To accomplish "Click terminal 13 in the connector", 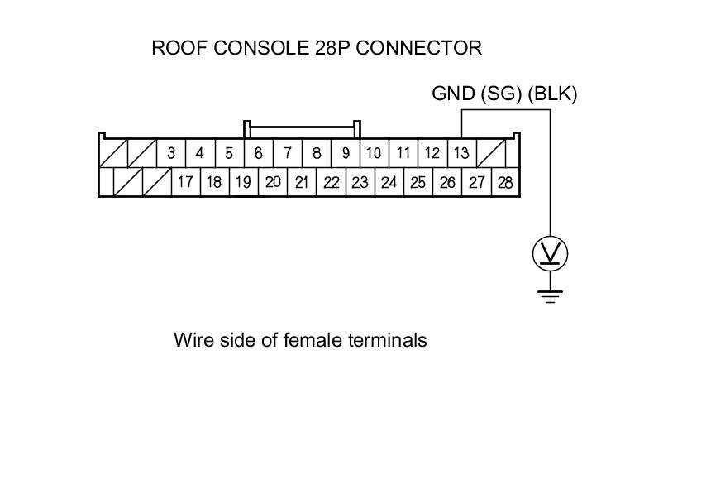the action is (461, 153).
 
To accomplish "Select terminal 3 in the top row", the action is (171, 153).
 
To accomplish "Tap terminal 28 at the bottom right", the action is (505, 182).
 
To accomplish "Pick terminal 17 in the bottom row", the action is (185, 182).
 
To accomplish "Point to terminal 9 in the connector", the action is (346, 153).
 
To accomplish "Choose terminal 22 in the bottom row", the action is (331, 182).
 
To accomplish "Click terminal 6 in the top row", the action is (259, 153).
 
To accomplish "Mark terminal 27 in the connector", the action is (476, 182).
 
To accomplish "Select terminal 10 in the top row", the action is (374, 153).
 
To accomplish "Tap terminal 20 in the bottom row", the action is (273, 182).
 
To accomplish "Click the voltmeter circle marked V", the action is (550, 253).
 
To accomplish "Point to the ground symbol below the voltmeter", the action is (550, 296).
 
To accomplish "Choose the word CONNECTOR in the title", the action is (418, 48).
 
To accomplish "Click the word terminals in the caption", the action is (388, 339).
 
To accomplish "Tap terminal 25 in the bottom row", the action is (418, 182).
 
